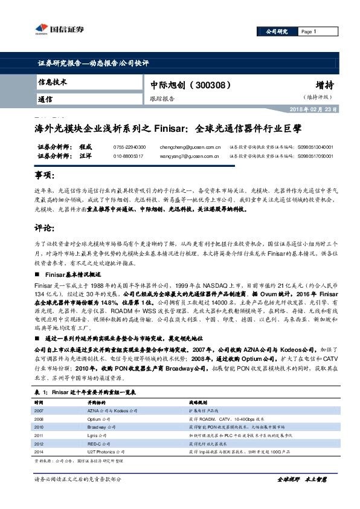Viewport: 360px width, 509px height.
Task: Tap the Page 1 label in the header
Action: [309, 31]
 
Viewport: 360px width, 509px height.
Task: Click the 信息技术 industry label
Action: [53, 82]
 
